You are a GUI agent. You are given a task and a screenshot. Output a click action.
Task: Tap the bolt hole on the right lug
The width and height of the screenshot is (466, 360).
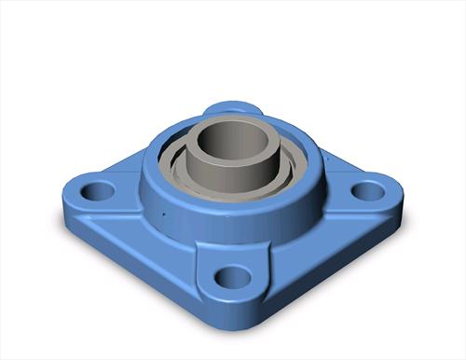(369, 191)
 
